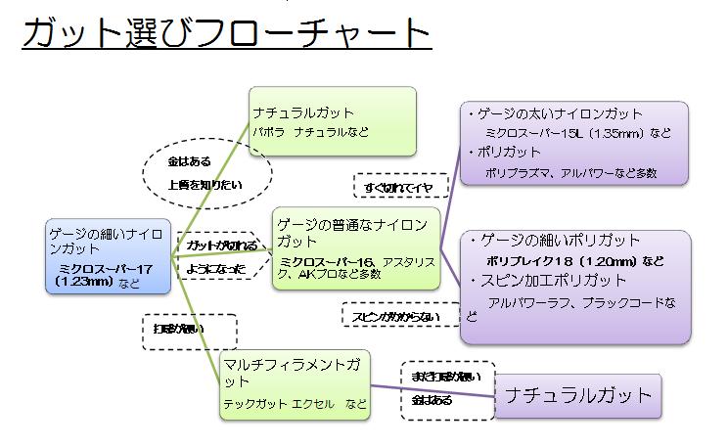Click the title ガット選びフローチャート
[x=225, y=34]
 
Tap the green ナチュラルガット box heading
[x=303, y=112]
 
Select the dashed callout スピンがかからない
[x=390, y=316]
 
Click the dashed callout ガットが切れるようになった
[x=221, y=254]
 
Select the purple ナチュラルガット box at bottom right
[x=578, y=395]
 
